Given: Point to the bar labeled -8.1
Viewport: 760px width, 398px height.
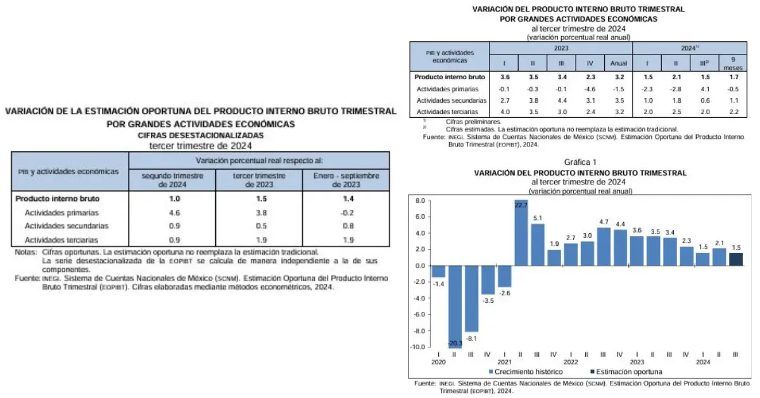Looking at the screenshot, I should [472, 298].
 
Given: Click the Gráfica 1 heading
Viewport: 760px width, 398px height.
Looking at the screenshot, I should [581, 162].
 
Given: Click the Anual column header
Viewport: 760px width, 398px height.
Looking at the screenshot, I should [618, 63].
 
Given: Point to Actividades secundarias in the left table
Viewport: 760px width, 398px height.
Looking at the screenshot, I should [66, 226].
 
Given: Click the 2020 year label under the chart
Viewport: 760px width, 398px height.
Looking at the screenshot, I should [438, 363].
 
